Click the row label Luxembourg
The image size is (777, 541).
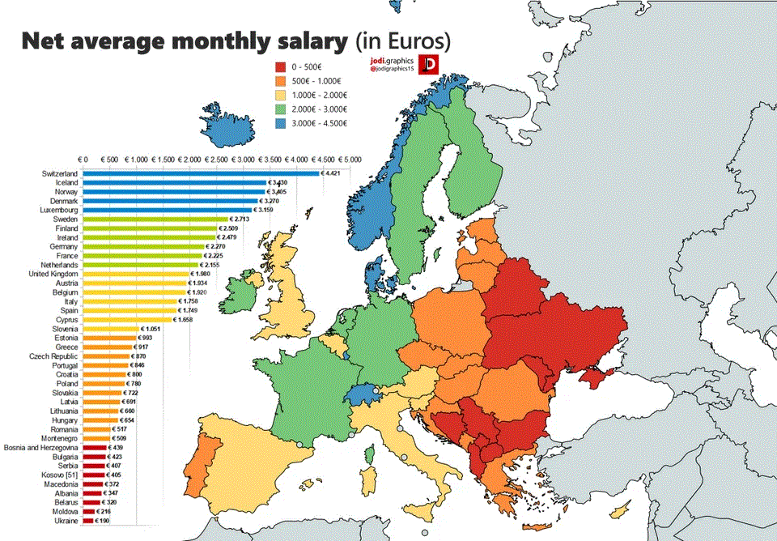click(x=57, y=210)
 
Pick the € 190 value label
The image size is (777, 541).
click(x=103, y=521)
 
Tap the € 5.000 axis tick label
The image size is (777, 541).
click(x=350, y=160)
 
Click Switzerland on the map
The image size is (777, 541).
click(x=365, y=394)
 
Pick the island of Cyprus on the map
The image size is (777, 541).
click(x=620, y=512)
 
